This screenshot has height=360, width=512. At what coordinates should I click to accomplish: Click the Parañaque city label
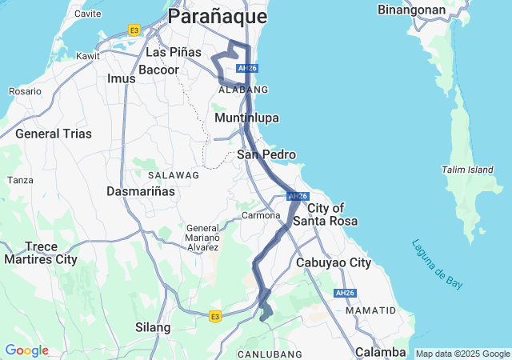click(x=218, y=16)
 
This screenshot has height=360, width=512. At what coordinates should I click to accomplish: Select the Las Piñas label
click(x=174, y=52)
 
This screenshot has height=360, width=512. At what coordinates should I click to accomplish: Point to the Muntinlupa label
click(x=247, y=118)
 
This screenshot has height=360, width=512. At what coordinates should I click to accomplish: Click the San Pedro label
click(x=266, y=154)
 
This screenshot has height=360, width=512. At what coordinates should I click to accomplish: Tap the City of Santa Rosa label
click(x=324, y=214)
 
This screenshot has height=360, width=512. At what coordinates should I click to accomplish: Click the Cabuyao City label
click(x=334, y=262)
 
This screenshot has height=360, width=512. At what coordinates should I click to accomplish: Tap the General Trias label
click(x=49, y=134)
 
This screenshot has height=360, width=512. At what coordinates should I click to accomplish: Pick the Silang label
click(x=153, y=327)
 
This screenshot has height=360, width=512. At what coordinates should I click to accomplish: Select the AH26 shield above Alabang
click(x=247, y=69)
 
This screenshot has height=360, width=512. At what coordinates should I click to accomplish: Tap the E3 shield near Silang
click(x=215, y=317)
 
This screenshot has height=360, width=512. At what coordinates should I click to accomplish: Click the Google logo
click(x=26, y=350)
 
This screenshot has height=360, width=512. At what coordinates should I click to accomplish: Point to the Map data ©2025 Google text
click(x=462, y=354)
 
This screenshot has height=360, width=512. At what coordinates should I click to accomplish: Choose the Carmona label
click(x=258, y=216)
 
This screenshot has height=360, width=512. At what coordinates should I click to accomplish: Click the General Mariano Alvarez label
click(x=202, y=238)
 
